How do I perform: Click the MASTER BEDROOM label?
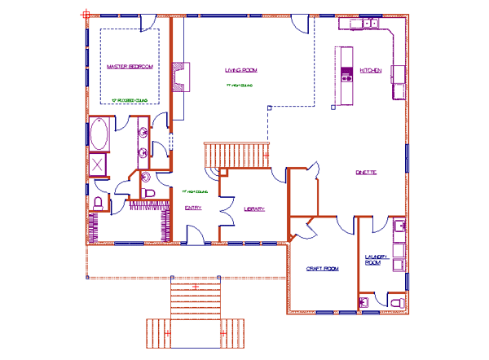(x=130, y=64)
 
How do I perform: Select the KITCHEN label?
(x=371, y=71)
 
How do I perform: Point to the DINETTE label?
(x=365, y=172)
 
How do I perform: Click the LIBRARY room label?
(x=254, y=209)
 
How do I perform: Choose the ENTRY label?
(x=193, y=208)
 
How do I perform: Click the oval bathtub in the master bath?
(x=99, y=134)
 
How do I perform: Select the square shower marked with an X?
(x=99, y=165)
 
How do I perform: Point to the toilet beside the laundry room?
(x=397, y=302)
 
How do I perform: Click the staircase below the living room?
(x=236, y=154)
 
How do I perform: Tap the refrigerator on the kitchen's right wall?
(x=398, y=74)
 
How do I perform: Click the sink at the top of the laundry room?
(x=399, y=226)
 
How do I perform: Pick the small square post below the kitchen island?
(x=333, y=106)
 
